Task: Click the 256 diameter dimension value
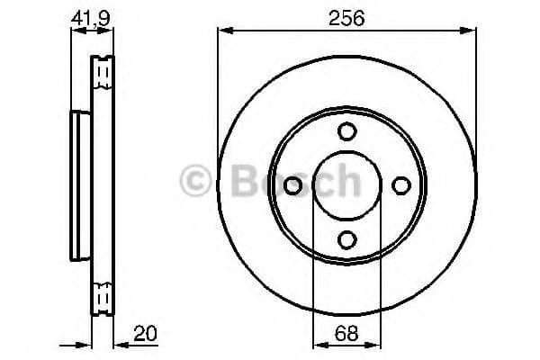click(x=346, y=17)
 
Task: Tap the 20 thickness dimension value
click(x=145, y=333)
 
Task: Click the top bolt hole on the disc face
click(x=346, y=131)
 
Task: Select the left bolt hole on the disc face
click(x=292, y=185)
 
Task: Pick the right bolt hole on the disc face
click(x=400, y=185)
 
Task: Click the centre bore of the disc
click(x=346, y=185)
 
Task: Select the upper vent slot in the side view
click(x=103, y=69)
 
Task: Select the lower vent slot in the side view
click(x=103, y=295)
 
